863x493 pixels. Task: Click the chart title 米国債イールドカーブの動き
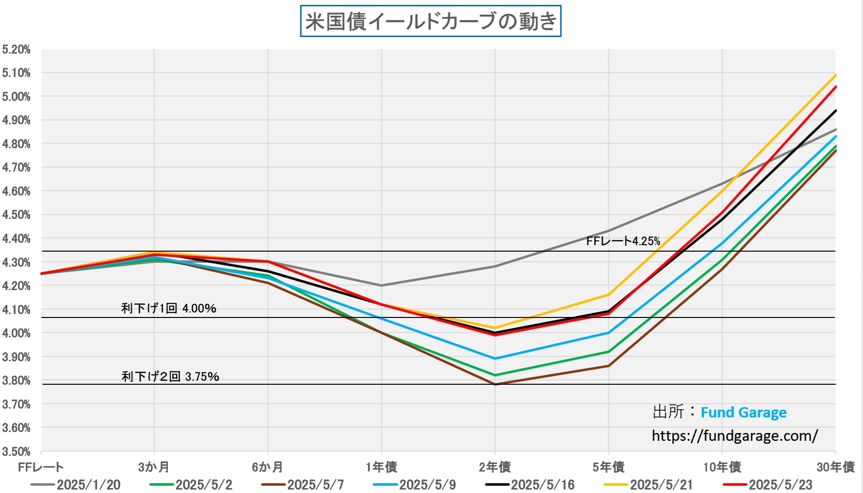point(430,21)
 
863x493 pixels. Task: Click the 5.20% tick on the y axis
point(16,49)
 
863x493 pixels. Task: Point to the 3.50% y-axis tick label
point(16,451)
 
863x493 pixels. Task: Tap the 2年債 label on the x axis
point(495,467)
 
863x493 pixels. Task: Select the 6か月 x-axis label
point(267,467)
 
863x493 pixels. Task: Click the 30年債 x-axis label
point(835,467)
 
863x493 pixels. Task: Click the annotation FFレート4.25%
point(623,241)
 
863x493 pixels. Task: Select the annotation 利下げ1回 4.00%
point(169,308)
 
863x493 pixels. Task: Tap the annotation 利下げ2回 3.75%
point(170,376)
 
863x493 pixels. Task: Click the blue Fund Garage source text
point(743,413)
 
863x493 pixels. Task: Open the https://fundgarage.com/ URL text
point(735,435)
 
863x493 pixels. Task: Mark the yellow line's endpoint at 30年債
point(836,75)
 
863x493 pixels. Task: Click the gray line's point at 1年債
point(381,285)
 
